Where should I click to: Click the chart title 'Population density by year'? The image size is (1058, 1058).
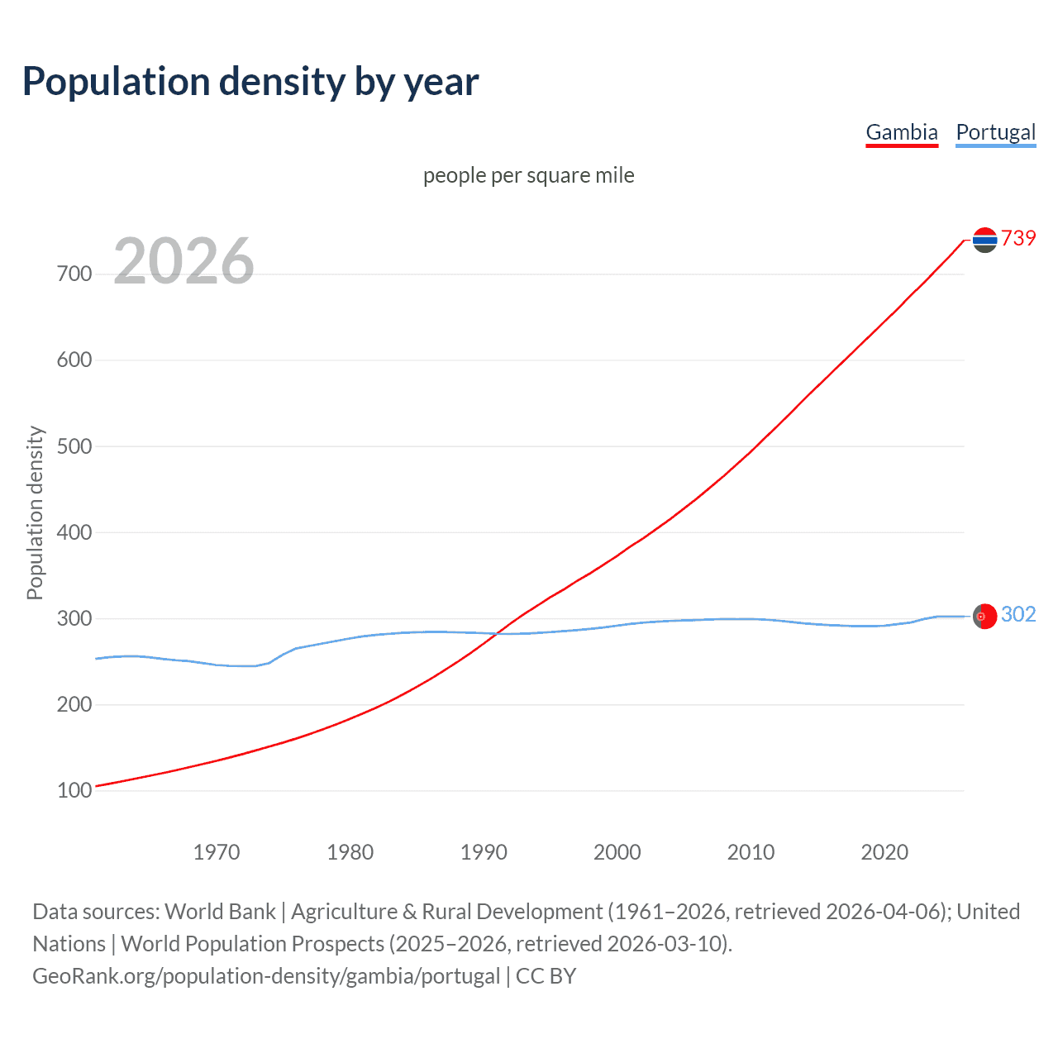[x=250, y=82]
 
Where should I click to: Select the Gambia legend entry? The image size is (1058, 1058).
[x=901, y=132]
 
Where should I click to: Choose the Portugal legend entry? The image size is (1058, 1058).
[x=995, y=132]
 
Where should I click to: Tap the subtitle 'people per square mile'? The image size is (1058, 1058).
[x=528, y=175]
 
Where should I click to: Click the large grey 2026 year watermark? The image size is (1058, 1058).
[x=183, y=261]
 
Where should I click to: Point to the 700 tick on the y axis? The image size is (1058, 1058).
[x=74, y=274]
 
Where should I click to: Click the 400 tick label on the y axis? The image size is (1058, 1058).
[x=74, y=532]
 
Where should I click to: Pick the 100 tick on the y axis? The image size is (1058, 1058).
[x=74, y=791]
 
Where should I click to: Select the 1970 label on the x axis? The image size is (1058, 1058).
[x=217, y=852]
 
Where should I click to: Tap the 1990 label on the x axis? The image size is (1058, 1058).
[x=484, y=852]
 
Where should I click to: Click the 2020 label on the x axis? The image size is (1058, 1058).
[x=884, y=852]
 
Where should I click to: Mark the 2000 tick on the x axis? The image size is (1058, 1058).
[x=617, y=852]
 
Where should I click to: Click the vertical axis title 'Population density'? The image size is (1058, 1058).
[x=35, y=512]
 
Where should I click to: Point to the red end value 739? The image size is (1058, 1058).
[x=1018, y=239]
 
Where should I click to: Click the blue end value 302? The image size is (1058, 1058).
[x=1018, y=614]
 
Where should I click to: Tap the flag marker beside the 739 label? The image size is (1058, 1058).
[x=984, y=240]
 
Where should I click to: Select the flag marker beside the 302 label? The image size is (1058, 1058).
[x=984, y=616]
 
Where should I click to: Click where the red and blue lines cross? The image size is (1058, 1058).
[x=495, y=634]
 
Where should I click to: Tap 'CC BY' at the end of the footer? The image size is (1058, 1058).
[x=546, y=976]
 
